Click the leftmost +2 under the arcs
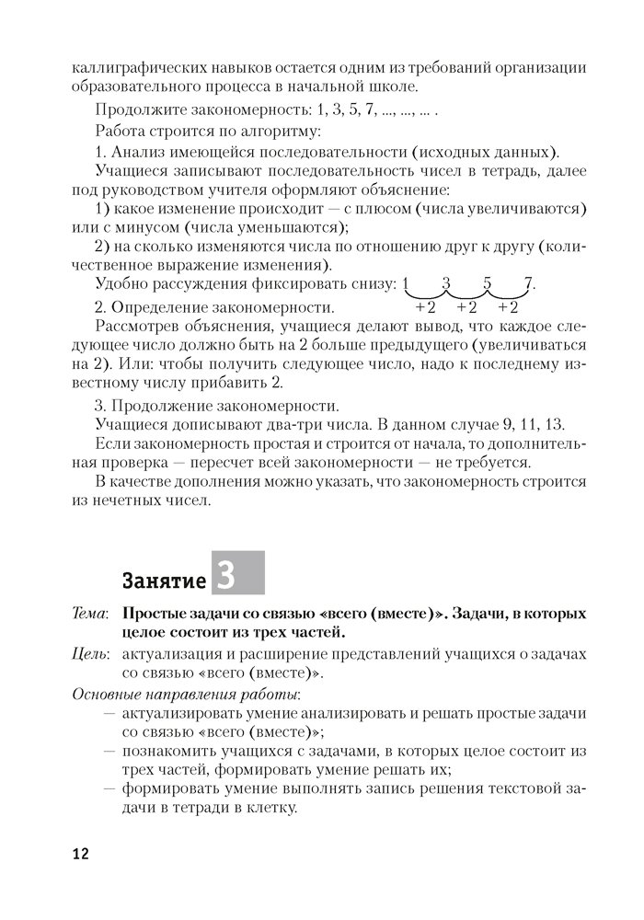pos(425,307)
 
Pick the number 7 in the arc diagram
pos(528,284)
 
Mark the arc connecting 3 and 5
pos(466,294)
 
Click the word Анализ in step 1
pos(141,151)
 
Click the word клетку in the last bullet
pos(267,810)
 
